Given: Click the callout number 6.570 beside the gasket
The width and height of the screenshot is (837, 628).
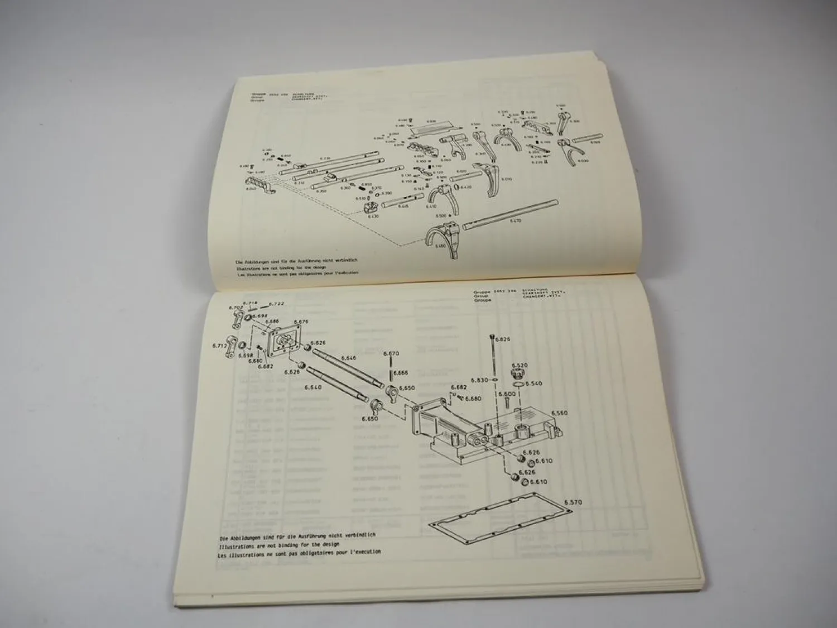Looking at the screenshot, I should point(573,502).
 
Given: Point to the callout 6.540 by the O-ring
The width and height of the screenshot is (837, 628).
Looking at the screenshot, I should point(534,384).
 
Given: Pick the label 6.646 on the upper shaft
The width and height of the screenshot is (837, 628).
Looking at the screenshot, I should point(348,358).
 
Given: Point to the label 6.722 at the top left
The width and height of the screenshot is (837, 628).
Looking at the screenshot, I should point(277,304).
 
